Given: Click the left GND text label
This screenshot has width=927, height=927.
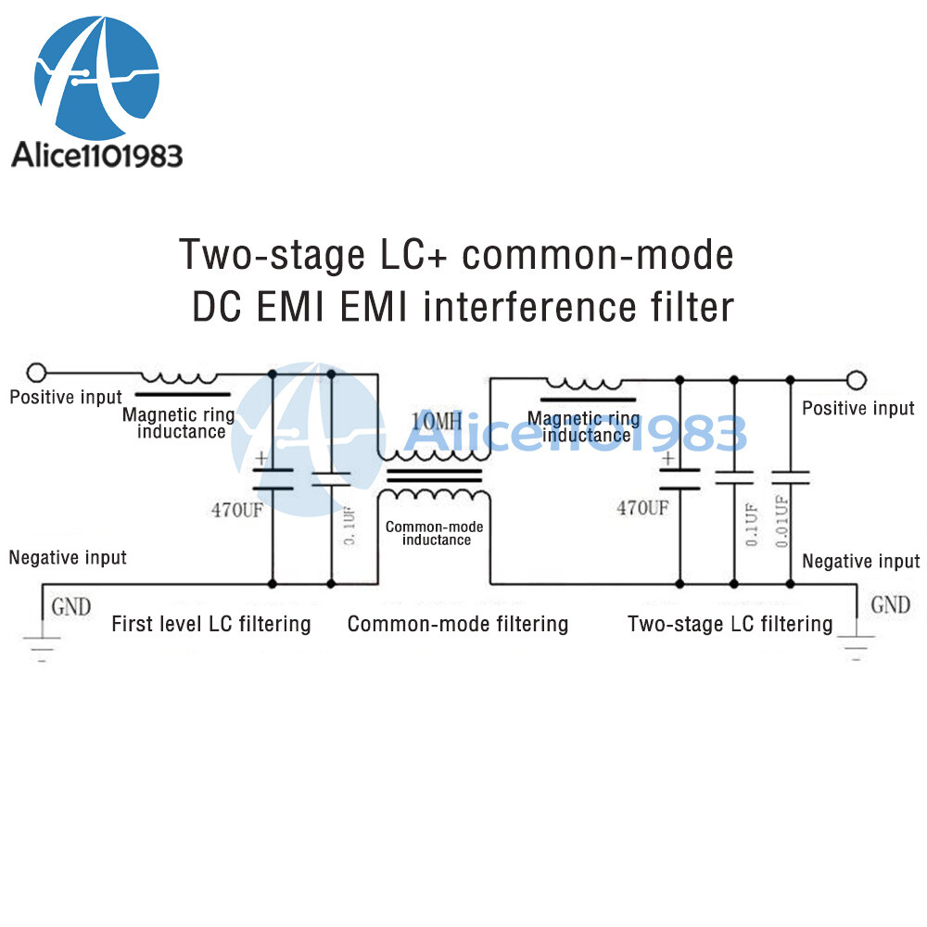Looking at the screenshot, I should coord(70,607).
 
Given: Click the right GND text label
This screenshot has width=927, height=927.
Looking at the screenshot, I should coord(890,605).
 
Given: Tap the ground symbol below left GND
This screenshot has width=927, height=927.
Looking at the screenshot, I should coord(42,646).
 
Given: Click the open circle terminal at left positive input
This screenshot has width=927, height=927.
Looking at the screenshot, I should coord(37,374).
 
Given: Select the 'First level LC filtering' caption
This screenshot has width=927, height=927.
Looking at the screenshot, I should coord(210,623).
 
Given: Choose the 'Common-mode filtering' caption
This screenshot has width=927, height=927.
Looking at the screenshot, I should coord(457,623).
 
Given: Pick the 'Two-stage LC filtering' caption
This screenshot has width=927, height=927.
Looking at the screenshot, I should coord(730,623).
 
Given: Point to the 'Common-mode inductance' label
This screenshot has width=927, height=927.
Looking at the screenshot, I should coord(434,533).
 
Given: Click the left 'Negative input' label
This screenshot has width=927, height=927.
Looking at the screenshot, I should coord(68,557).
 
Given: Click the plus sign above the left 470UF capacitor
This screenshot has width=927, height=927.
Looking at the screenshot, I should coord(261,458).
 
